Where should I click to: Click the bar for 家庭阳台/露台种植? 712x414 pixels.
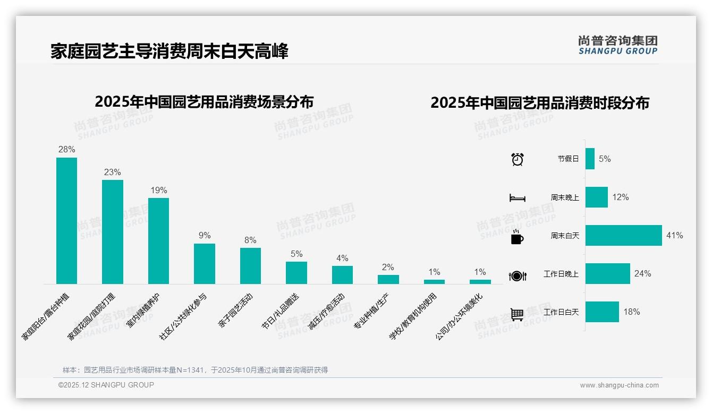click(66, 220)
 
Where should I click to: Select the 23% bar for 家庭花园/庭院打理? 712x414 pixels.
click(113, 231)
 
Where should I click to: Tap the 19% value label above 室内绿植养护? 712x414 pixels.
click(158, 190)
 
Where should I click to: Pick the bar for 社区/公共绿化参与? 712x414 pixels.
click(205, 263)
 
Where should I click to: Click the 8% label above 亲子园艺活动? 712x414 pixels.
click(250, 240)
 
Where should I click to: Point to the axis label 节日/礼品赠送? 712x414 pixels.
click(281, 312)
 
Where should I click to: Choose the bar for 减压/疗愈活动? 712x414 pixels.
click(342, 274)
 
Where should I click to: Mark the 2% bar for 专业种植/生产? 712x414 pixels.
click(388, 279)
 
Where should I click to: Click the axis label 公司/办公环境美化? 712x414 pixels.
click(460, 317)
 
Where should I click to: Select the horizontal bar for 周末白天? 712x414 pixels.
click(623, 235)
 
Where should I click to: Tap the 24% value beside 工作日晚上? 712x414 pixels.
click(642, 274)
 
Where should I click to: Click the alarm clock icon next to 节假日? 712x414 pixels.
click(517, 159)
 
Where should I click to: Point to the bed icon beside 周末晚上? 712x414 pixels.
click(517, 198)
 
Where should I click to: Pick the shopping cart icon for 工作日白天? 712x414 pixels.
click(517, 314)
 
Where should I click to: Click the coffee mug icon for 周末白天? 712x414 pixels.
click(517, 237)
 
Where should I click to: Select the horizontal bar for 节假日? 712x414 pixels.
click(590, 159)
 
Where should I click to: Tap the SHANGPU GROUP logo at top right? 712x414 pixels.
click(618, 45)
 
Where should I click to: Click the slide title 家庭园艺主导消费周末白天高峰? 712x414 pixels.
click(169, 51)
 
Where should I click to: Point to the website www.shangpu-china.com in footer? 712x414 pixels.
click(619, 385)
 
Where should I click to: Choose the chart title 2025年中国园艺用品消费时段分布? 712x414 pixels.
click(540, 103)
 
